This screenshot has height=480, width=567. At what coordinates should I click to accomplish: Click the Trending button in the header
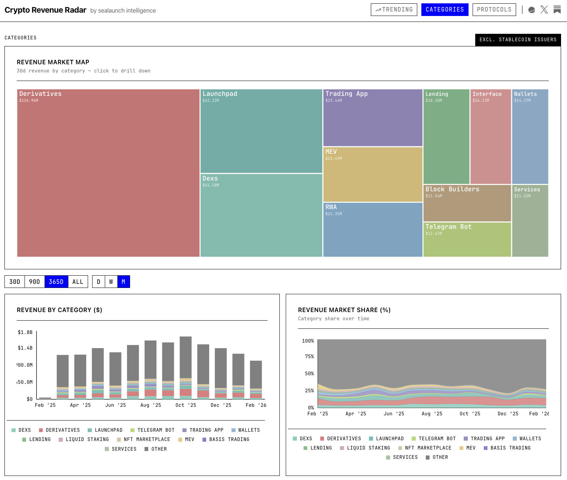[x=394, y=10]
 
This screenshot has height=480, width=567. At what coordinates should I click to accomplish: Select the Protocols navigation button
[x=494, y=10]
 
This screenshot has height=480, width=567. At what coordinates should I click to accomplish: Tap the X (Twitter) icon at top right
[x=544, y=10]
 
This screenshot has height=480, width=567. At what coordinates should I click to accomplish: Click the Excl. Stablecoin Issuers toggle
[x=518, y=40]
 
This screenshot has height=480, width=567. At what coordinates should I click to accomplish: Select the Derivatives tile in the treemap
[x=108, y=173]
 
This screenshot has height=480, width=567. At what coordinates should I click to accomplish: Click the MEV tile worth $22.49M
[x=373, y=175]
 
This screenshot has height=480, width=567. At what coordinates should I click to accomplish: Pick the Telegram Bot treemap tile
[x=467, y=239]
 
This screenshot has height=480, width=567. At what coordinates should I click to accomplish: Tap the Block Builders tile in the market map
[x=467, y=203]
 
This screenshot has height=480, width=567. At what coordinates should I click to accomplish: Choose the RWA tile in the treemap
[x=373, y=229]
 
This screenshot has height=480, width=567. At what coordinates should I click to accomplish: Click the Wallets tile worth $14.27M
[x=530, y=136]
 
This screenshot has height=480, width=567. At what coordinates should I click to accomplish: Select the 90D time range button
[x=35, y=282]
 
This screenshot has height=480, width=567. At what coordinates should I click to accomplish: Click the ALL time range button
[x=78, y=282]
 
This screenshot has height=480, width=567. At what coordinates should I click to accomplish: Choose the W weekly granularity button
[x=111, y=282]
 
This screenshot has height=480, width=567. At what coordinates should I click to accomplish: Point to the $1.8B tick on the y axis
[x=25, y=332]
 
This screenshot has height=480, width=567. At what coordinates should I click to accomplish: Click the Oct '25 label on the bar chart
[x=185, y=405]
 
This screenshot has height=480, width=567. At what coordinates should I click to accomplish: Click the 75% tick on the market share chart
[x=309, y=356]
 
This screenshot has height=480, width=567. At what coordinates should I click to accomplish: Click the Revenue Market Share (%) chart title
[x=344, y=310]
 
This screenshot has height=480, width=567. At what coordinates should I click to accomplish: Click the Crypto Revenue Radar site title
[x=45, y=10]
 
